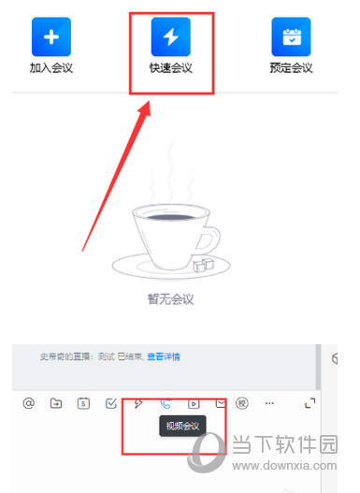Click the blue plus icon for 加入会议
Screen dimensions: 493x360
click(51, 36)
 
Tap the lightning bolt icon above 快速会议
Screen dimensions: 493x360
click(171, 36)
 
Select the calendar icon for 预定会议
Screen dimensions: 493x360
click(291, 36)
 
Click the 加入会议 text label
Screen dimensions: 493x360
click(51, 67)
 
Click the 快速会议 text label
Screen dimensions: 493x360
click(171, 67)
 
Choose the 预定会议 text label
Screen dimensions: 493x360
click(291, 67)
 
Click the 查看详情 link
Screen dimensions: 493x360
click(164, 356)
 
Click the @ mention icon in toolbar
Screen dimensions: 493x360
click(29, 403)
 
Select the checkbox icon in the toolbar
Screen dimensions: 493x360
click(111, 403)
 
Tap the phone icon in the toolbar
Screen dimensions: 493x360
click(166, 403)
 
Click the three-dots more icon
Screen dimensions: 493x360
click(270, 403)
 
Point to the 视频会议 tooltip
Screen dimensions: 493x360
click(183, 427)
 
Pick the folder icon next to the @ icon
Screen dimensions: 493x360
click(56, 403)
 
